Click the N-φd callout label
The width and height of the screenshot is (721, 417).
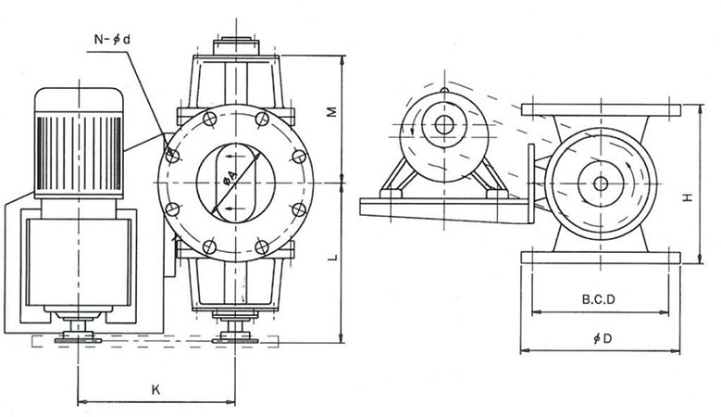pos(116,40)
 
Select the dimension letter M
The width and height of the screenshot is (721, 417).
pos(329,112)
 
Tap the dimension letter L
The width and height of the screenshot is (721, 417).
pos(329,260)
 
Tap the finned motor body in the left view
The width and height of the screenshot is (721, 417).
pos(79,144)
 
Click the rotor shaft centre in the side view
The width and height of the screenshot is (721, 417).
pos(601,183)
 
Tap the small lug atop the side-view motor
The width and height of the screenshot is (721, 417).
pos(443,91)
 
